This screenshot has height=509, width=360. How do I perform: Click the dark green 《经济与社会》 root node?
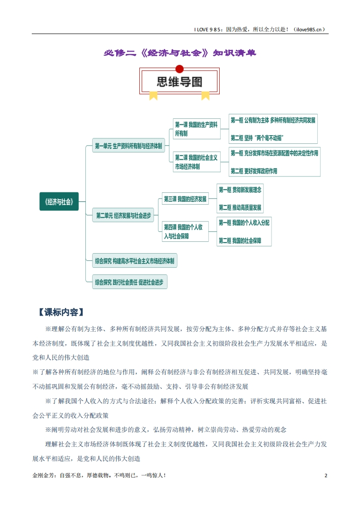59,201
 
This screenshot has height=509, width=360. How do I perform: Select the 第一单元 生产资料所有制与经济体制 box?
128,146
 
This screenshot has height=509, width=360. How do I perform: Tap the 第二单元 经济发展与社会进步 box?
123,215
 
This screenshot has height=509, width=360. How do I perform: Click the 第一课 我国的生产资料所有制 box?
197,129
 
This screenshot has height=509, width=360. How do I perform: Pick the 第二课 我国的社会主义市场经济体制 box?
197,162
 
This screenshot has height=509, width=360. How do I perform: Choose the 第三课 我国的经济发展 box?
185,199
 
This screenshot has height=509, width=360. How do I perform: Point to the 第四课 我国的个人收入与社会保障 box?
185,231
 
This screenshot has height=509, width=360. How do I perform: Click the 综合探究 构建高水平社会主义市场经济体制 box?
134,261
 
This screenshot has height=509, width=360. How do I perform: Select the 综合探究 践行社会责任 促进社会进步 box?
130,282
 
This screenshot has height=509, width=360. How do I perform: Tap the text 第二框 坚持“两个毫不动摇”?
256,138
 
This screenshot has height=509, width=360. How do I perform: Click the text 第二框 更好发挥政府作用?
254,171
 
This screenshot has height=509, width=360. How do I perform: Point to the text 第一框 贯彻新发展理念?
240,190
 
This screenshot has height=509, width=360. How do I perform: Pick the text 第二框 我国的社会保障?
240,240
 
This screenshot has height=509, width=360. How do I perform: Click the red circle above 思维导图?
179,69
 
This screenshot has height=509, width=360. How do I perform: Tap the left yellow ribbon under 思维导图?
153,95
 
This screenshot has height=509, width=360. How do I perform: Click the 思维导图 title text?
179,82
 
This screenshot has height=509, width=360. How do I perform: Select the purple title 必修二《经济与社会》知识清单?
180,53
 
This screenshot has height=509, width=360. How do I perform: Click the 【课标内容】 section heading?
61,312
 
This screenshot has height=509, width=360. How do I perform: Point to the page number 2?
325,475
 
